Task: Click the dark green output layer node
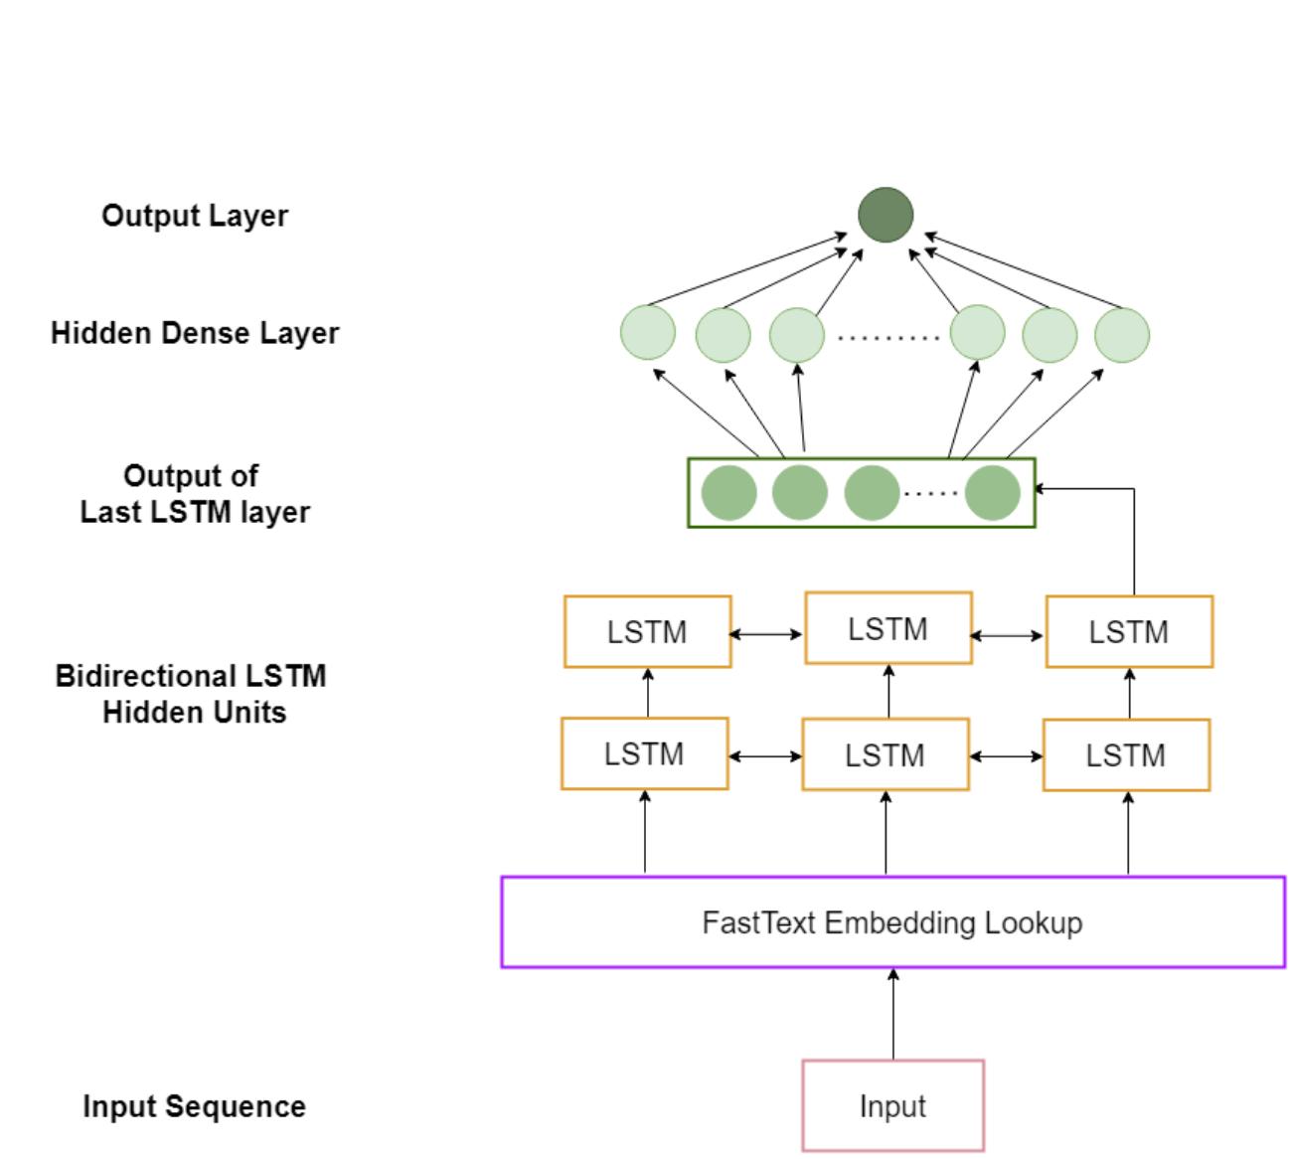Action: pos(886,215)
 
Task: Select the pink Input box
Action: pos(892,1105)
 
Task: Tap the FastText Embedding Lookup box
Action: pos(892,921)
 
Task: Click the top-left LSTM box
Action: pos(647,631)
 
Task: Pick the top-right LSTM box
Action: pos(1128,631)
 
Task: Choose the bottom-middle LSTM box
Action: pos(886,754)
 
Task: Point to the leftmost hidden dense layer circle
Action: pos(648,333)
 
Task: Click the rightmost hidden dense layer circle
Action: pos(1122,335)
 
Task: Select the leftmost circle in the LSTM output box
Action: pos(729,493)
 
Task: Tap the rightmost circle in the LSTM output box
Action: pos(992,493)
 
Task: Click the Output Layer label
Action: pos(195,216)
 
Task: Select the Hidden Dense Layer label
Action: pos(195,333)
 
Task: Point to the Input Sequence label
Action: pos(194,1106)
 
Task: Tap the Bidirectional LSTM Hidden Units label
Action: pos(191,694)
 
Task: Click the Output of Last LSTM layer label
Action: pos(194,494)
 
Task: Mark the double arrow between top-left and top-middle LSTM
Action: pos(767,633)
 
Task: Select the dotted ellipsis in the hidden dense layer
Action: pos(887,338)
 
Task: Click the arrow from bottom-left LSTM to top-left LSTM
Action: pos(648,693)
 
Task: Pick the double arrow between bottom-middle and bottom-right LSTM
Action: pos(1006,756)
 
